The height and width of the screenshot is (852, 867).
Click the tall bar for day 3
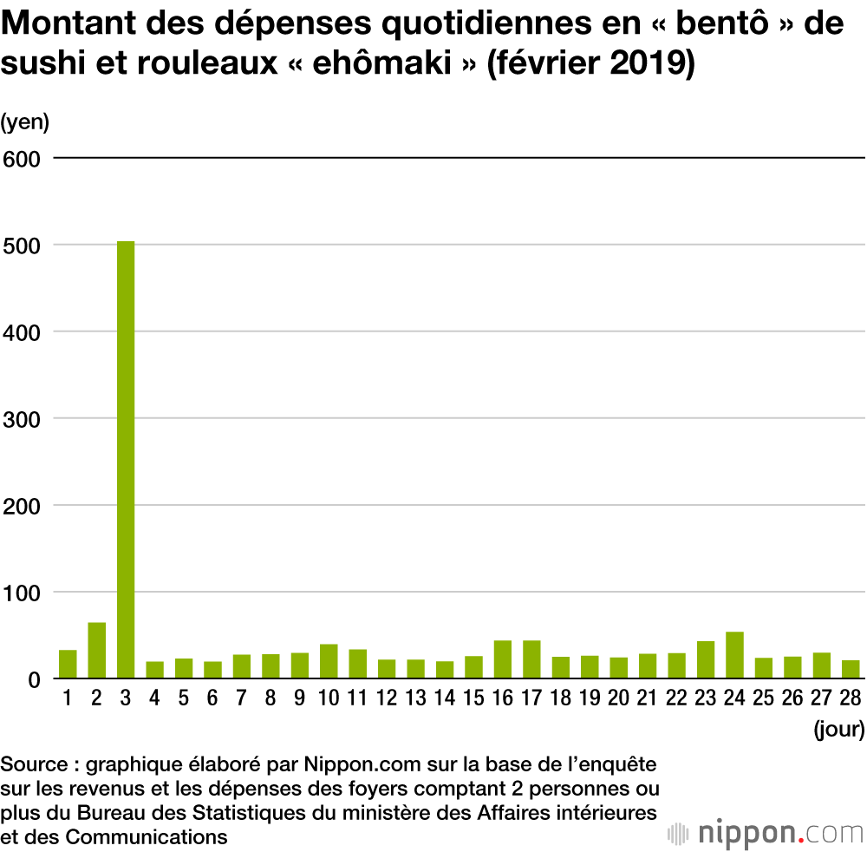point(126,460)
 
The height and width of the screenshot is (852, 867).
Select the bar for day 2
point(96,651)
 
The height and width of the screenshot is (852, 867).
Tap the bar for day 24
point(734,656)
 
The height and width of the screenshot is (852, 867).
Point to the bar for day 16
point(503,660)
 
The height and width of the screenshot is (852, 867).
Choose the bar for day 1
point(68,665)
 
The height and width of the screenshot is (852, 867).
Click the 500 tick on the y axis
point(23,246)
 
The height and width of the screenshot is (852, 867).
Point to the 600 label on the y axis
point(23,159)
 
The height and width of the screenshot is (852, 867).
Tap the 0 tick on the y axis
point(35,679)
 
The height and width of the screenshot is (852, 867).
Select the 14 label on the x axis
point(445,699)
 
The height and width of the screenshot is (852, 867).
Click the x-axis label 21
point(648,699)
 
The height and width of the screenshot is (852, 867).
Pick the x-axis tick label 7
point(241,699)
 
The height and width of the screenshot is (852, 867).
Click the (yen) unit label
point(25,122)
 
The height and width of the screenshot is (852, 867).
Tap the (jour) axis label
point(838,730)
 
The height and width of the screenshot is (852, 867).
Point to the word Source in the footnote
point(34,765)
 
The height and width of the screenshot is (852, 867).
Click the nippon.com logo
point(766,833)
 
